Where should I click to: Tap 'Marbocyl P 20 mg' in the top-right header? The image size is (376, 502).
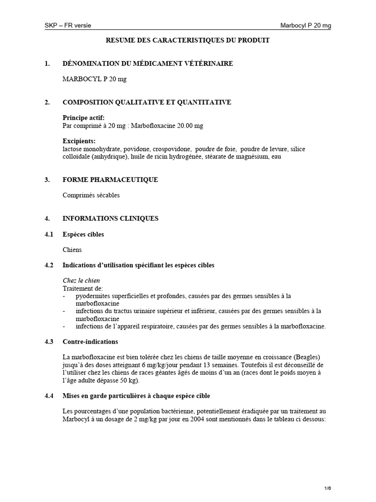(306, 25)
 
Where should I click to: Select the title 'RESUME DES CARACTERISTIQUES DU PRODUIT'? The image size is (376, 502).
(188, 40)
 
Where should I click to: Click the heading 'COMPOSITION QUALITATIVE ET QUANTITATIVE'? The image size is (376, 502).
(147, 102)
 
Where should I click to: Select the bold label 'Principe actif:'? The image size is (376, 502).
(84, 118)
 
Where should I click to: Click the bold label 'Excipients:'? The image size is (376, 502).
(79, 141)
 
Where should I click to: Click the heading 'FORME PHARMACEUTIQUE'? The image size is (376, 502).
(110, 180)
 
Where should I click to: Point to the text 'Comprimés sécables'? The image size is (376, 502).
(91, 195)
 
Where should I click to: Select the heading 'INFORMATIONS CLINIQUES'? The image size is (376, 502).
(110, 219)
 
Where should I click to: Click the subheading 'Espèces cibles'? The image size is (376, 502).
(83, 234)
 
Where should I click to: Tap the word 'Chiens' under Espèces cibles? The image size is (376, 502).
(72, 250)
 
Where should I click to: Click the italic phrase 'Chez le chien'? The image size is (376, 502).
(81, 281)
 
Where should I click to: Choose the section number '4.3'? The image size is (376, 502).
(48, 342)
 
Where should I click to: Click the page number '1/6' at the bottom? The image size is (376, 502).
(328, 488)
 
